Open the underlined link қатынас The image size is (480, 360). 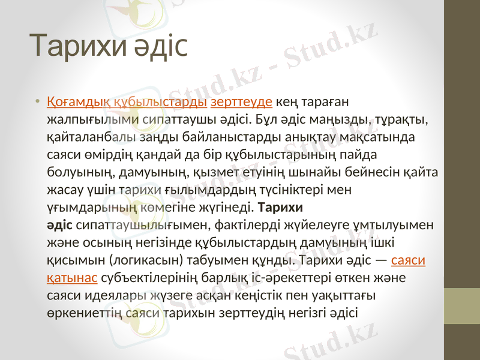tap(73, 278)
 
